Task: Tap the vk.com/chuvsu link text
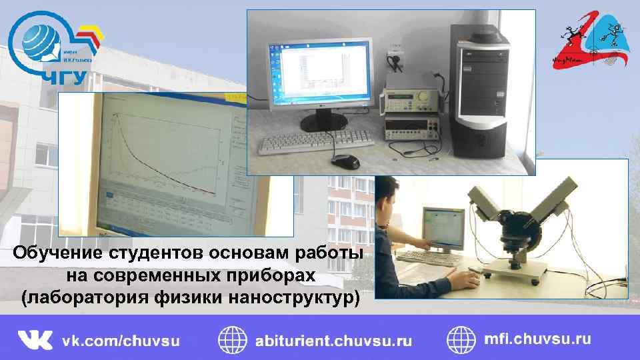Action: [x=121, y=341]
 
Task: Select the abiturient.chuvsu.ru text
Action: [x=333, y=341]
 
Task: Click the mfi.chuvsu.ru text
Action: [x=537, y=339]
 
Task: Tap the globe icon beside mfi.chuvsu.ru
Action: [x=461, y=339]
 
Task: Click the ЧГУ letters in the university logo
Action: [x=64, y=77]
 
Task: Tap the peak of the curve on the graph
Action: [x=117, y=115]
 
